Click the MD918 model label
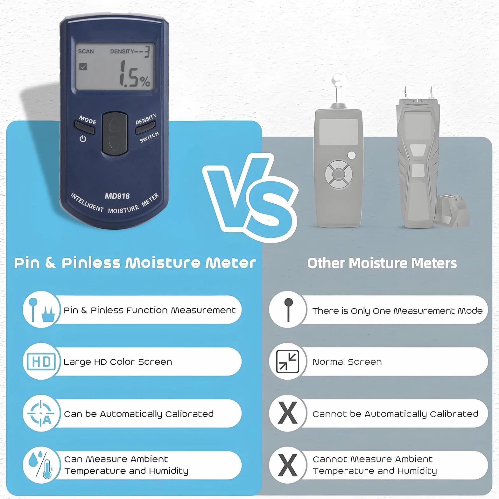click(117, 196)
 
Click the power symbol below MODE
click(83, 138)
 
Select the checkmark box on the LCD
click(83, 67)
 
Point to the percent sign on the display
click(145, 81)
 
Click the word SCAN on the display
click(86, 51)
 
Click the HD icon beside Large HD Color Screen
click(41, 362)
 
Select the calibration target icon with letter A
click(41, 413)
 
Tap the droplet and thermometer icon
click(41, 465)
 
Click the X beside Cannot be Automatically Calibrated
click(288, 413)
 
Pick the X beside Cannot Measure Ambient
click(288, 465)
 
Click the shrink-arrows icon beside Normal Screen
click(288, 361)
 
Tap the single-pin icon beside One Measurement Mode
click(288, 310)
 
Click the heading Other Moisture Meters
click(382, 263)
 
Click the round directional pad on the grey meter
click(339, 174)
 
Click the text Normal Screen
click(347, 362)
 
